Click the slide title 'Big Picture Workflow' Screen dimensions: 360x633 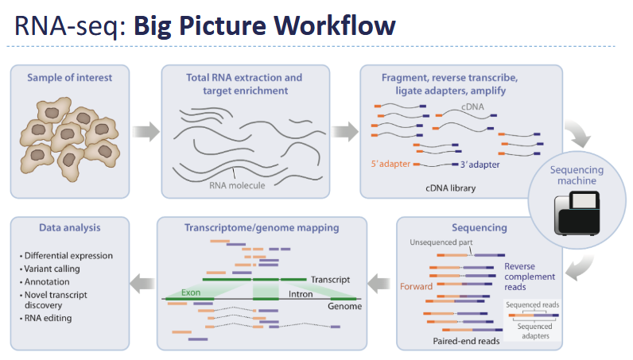tap(264, 25)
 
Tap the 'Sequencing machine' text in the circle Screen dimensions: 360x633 tap(577, 176)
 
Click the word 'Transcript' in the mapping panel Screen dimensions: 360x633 tap(329, 280)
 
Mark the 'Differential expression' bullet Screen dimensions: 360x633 tap(68, 255)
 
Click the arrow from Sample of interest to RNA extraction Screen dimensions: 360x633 tap(144, 130)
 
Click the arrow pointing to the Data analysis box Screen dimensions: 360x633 tap(144, 281)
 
